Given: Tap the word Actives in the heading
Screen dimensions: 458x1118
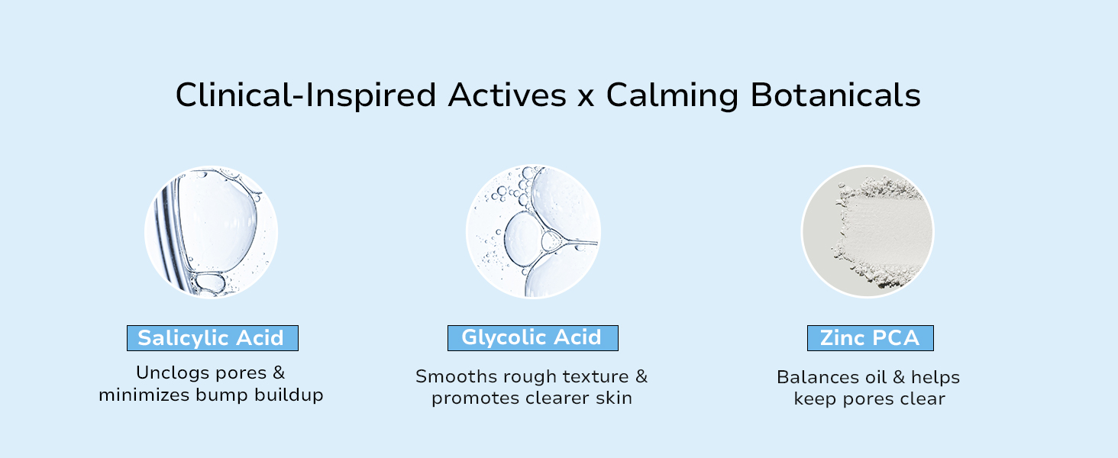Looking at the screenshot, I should point(507,96).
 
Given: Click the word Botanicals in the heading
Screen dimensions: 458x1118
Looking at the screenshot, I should point(835,96).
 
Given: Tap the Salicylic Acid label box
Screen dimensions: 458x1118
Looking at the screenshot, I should point(212,338).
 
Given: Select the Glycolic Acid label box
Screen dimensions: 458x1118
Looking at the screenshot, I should point(532,337).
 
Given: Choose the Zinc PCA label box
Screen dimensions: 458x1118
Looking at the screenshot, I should point(870,338).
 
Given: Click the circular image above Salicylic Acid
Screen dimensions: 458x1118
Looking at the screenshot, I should point(212,232).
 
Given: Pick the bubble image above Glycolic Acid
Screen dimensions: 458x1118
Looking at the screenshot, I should point(533,232).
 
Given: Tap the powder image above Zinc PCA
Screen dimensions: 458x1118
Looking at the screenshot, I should point(868,232).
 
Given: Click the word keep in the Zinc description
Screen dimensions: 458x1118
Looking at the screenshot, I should point(813,399).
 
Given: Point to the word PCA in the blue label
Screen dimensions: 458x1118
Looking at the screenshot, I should point(893,338).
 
